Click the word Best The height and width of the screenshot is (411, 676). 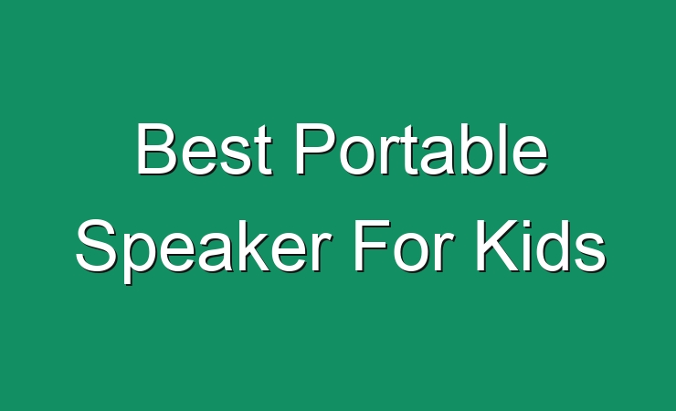click(205, 150)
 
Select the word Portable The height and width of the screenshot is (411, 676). click(421, 150)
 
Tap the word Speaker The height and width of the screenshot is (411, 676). click(205, 250)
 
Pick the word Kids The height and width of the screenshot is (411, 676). click(541, 246)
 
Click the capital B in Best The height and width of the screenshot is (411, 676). click(157, 149)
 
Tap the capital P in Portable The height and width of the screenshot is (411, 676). click(315, 149)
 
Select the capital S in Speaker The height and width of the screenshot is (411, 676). click(97, 246)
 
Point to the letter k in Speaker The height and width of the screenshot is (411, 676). click(250, 246)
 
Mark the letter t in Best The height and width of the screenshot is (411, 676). click(264, 152)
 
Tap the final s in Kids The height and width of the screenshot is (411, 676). click(591, 252)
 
